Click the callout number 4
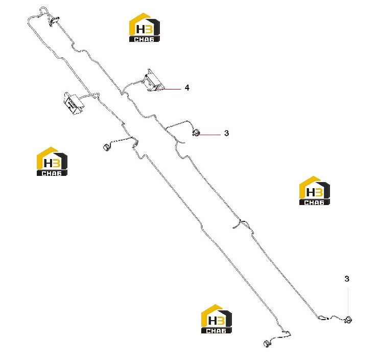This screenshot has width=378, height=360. tap(187, 87)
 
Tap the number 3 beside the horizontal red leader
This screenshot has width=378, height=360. tap(226, 133)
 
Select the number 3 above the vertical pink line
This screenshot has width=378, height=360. tap(347, 279)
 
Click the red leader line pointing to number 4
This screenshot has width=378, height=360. tap(169, 89)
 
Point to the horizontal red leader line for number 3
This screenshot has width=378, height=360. tap(209, 134)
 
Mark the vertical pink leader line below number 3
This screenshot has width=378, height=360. tap(348, 301)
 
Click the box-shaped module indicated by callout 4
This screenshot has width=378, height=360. tap(153, 81)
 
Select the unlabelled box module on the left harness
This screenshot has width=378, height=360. tap(73, 103)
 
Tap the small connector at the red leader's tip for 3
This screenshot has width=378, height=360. tap(196, 132)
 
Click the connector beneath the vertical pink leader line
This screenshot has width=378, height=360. tap(348, 320)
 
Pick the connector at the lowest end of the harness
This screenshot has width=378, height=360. tap(267, 344)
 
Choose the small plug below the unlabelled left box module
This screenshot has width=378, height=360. tap(106, 147)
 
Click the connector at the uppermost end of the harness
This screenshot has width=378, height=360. tap(54, 21)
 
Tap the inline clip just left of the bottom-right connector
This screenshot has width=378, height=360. tap(322, 318)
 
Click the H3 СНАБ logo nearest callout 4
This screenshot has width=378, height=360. tap(145, 27)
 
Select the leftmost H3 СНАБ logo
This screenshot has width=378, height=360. tap(52, 162)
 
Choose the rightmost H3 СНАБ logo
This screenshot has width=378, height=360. tap(314, 191)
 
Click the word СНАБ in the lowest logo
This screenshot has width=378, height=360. tap(216, 330)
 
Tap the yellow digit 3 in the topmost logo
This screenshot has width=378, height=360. tap(149, 30)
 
